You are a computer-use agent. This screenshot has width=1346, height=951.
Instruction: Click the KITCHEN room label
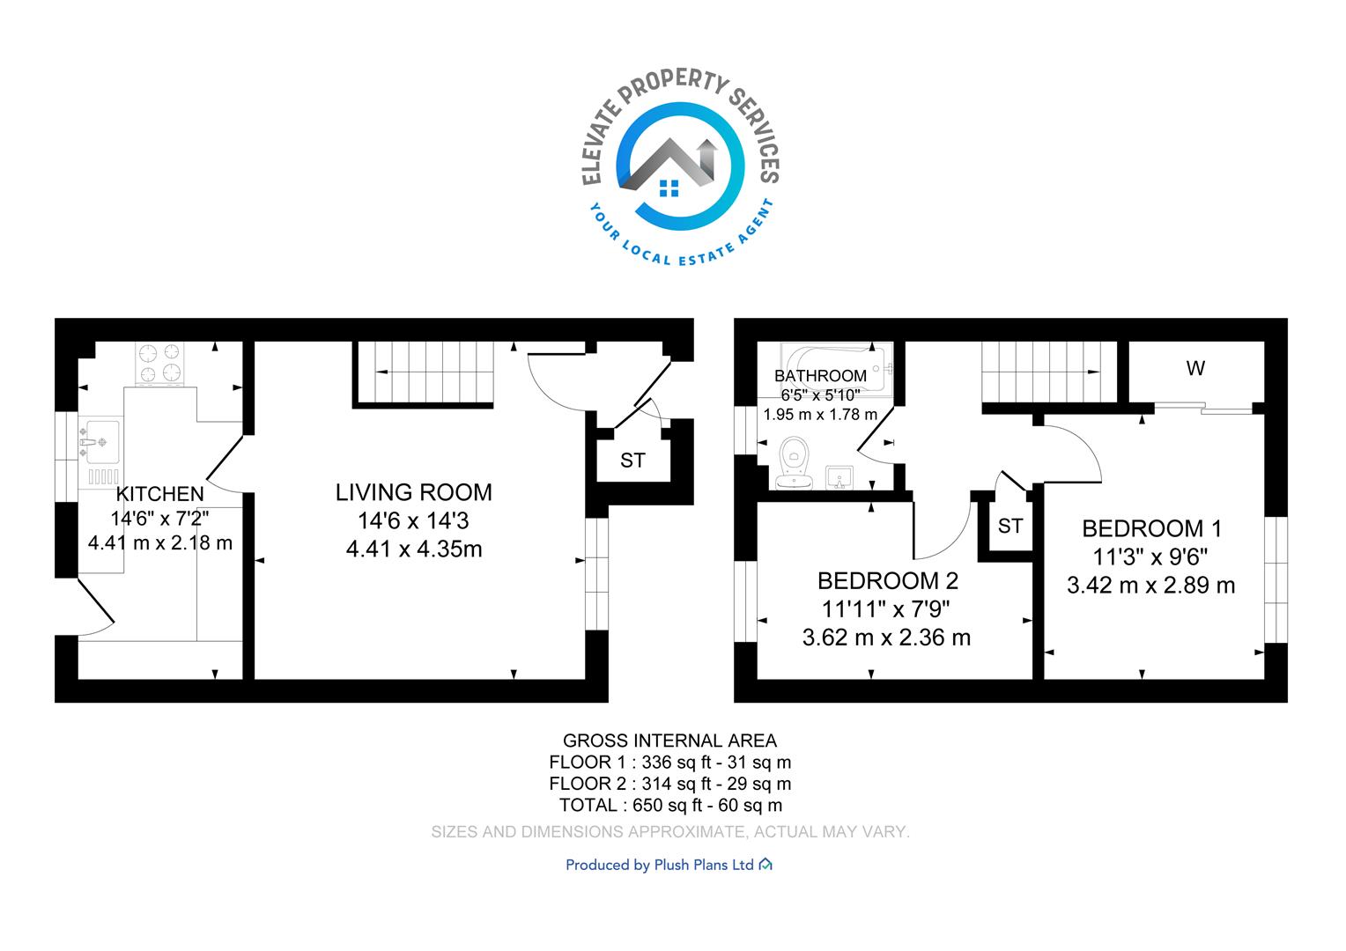[x=159, y=494]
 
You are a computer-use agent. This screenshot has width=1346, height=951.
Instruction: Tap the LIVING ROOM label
[x=413, y=492]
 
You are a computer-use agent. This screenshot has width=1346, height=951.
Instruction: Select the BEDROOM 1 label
[x=1152, y=528]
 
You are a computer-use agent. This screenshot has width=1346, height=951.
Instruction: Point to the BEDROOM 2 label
[x=888, y=581]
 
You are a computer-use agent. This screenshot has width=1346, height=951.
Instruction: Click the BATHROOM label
[x=820, y=376]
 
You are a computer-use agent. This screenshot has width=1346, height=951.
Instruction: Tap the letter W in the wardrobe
[x=1195, y=368]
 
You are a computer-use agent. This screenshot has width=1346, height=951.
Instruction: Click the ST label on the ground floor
[x=632, y=461]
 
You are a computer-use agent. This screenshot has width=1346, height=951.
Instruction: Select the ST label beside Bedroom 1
[x=1010, y=527]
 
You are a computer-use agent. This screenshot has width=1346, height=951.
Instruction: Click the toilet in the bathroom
[x=795, y=462]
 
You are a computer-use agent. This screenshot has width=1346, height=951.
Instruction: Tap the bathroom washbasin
[x=839, y=477]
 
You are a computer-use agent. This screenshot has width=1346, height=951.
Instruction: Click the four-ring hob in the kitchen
[x=159, y=363]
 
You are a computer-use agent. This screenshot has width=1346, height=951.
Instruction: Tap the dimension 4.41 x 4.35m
[x=414, y=549]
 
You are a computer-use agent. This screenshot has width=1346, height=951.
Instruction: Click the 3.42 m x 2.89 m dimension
[x=1150, y=586]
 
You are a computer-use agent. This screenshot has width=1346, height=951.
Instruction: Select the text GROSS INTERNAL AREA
[x=670, y=741]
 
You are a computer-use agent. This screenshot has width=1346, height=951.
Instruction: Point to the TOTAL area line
[x=670, y=805]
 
